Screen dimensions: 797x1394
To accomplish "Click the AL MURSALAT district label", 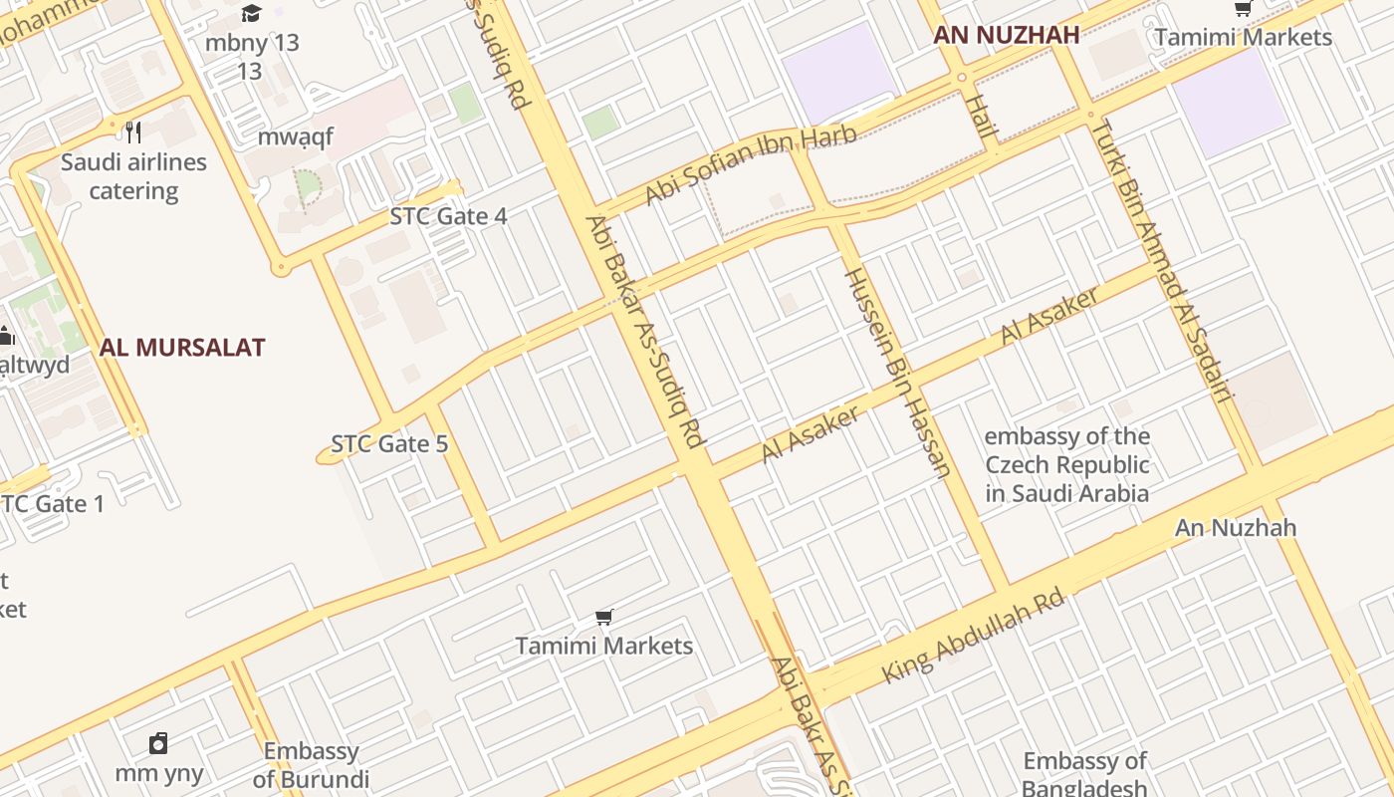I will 181,348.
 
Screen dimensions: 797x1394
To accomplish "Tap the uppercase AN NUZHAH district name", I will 1006,36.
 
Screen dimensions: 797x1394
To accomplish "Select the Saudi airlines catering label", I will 133,176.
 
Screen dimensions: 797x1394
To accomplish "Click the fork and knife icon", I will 133,132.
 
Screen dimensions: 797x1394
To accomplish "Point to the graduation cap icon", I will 251,13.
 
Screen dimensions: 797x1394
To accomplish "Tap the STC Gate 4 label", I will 448,216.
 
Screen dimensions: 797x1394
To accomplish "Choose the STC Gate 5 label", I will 389,444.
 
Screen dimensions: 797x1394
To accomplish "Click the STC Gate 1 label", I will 52,504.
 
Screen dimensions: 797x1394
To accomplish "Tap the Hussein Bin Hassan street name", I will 897,371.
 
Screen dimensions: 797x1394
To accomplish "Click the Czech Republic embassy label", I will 1066,464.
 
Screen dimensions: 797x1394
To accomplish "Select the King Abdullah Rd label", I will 973,640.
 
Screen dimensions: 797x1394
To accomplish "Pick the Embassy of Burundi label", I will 311,765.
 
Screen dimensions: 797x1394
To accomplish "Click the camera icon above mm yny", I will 158,743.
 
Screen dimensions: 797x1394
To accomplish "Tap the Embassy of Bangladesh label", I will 1084,774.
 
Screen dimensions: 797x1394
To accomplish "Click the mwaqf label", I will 296,136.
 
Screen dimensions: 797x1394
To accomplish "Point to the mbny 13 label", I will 251,44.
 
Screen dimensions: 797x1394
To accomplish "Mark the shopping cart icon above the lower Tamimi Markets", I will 603,618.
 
